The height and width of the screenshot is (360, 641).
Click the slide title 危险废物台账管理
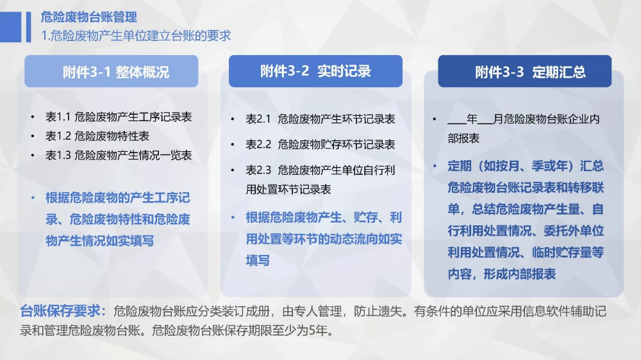point(88,17)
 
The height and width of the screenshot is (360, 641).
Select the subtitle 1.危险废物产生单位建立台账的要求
point(136,35)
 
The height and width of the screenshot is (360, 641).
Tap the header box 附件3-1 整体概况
point(111,72)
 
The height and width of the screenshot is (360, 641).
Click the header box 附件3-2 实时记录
point(315,71)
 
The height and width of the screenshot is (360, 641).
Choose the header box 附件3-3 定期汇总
point(525,72)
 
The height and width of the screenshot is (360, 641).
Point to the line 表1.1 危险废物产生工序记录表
point(119,117)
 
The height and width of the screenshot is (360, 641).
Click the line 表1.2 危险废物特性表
point(97,136)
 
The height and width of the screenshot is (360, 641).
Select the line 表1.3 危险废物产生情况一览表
point(119,155)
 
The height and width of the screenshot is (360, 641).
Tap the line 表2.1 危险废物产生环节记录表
point(320,119)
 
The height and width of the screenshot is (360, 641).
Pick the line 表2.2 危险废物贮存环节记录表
point(320,144)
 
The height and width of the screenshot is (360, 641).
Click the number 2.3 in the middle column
point(264,170)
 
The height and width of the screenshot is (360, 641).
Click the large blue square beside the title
point(11,27)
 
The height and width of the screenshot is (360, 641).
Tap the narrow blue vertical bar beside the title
point(29,27)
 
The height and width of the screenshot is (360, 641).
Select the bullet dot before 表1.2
point(33,136)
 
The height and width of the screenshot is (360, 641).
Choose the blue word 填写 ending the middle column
point(258,260)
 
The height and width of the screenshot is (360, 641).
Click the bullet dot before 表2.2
point(233,145)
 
